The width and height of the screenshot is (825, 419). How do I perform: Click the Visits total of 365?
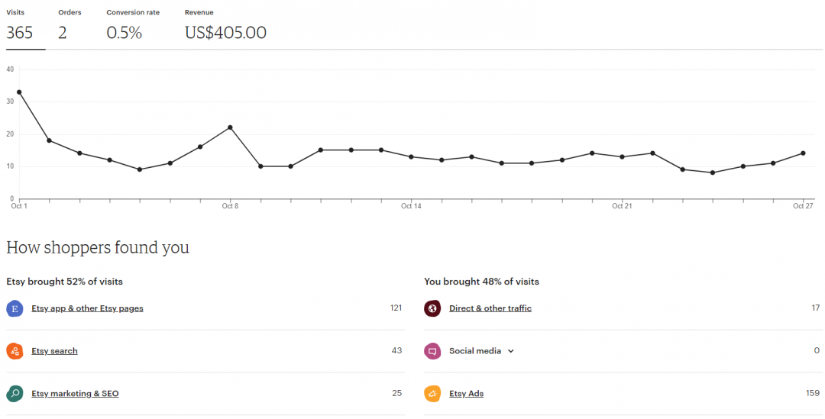pos(20,33)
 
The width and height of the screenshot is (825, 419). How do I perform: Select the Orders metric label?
pos(70,13)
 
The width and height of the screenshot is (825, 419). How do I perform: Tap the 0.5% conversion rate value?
pos(124,33)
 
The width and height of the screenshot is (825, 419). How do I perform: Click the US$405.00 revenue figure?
pos(225,33)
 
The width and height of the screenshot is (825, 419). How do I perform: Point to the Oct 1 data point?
pos(19,92)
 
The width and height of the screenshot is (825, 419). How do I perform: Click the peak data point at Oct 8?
pos(230,127)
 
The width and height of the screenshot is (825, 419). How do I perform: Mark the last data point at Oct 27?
pos(803,153)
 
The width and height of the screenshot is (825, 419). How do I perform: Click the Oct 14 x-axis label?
pos(411,206)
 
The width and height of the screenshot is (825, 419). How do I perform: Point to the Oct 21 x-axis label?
pos(623,206)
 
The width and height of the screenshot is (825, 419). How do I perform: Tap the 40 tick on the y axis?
pos(10,69)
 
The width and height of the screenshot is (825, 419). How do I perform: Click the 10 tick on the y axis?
pos(10,166)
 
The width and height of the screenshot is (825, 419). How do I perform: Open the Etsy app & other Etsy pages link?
pos(87,308)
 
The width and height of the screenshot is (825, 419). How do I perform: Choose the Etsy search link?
pos(54,351)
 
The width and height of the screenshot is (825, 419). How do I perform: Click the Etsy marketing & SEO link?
pos(75,394)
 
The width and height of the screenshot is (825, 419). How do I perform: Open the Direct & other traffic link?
pos(490,308)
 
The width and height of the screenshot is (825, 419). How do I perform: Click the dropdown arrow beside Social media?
pos(511,351)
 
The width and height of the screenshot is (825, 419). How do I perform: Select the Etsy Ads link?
pos(466,394)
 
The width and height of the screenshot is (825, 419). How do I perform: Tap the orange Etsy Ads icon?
pos(432,394)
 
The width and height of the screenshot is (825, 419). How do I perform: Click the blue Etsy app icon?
pos(15,308)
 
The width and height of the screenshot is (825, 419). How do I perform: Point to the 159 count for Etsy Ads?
pos(813,394)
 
